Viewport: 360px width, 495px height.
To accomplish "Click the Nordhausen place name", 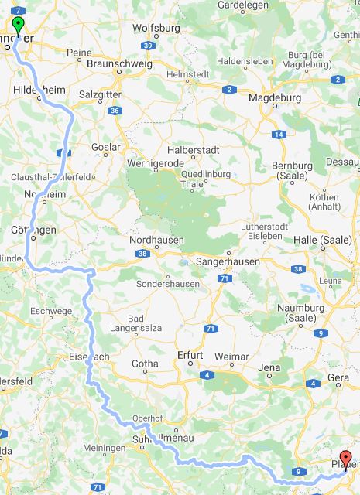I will coord(156,241).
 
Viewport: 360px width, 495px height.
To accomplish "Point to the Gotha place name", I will coord(145,363).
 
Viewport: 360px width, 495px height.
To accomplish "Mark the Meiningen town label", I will coord(104,448).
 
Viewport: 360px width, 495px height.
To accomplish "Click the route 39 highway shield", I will coord(148,46).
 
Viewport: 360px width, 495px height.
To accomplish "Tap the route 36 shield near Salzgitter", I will coord(115,111).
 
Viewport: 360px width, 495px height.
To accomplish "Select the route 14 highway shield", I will coord(278,135).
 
